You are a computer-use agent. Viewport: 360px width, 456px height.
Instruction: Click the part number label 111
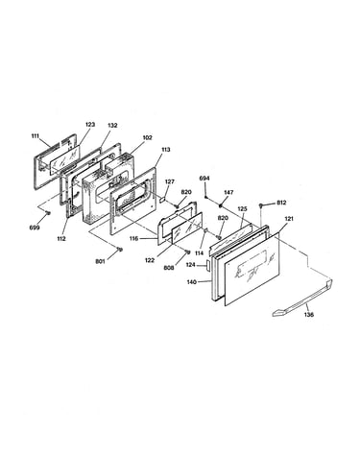(x=36, y=136)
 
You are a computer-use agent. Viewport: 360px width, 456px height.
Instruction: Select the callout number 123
(x=90, y=125)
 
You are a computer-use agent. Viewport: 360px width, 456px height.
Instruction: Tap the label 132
(x=112, y=126)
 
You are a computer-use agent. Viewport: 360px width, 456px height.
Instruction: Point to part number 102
(x=148, y=137)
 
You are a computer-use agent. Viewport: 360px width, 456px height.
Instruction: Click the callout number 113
(x=166, y=150)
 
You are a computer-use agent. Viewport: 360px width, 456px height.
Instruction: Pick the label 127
(x=170, y=181)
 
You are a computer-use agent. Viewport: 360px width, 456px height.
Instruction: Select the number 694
(x=204, y=178)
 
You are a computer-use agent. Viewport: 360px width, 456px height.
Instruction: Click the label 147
(x=228, y=192)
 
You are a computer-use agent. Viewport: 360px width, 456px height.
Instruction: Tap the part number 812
(x=281, y=203)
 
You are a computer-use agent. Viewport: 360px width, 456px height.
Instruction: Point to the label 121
(x=289, y=219)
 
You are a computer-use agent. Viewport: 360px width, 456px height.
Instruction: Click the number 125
(x=242, y=208)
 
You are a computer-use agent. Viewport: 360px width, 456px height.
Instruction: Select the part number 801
(x=100, y=261)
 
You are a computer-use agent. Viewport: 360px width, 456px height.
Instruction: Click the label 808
(x=169, y=268)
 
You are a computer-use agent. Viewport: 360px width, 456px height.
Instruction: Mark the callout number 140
(x=192, y=282)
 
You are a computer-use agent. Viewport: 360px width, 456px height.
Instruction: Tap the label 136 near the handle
(x=309, y=315)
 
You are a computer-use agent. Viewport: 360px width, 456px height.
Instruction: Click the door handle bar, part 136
(x=302, y=298)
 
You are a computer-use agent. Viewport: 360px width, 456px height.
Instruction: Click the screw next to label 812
(x=261, y=204)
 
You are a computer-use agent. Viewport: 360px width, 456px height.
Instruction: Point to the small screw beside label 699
(x=48, y=213)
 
